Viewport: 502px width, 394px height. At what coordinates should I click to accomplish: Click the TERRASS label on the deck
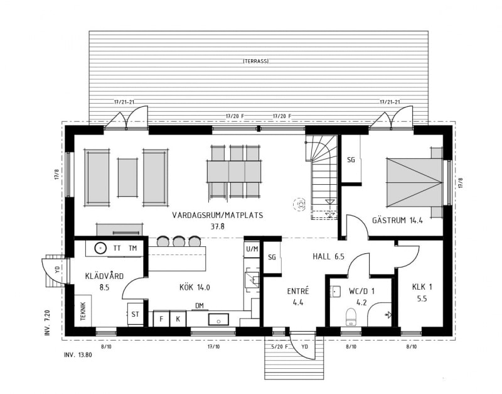[256, 61]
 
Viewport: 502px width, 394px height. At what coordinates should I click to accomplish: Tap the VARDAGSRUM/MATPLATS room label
[218, 215]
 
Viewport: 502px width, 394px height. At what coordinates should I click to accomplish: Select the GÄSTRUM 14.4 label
[398, 220]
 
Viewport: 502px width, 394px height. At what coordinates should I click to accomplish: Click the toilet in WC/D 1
[351, 317]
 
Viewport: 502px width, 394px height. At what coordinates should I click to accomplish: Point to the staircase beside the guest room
[321, 177]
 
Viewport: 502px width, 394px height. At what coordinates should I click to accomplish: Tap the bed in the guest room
[415, 182]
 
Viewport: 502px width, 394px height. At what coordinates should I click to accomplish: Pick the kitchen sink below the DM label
[218, 320]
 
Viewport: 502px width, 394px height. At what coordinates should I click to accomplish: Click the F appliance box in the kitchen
[161, 319]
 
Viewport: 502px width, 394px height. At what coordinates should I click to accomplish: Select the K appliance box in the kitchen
[178, 319]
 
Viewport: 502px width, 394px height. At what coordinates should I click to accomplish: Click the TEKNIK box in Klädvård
[83, 310]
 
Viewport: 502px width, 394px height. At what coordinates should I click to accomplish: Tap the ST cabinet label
[135, 314]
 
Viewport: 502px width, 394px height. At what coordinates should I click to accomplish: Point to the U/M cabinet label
[252, 249]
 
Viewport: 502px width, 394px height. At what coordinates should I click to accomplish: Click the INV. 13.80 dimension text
[78, 355]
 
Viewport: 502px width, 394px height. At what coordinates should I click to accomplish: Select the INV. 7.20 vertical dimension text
[48, 322]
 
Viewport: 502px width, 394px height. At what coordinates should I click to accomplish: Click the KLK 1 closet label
[422, 287]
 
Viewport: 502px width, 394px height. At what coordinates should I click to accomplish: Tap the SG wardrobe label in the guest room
[351, 160]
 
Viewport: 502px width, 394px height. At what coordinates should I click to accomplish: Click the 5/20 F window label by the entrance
[279, 346]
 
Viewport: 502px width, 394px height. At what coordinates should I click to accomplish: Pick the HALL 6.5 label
[328, 256]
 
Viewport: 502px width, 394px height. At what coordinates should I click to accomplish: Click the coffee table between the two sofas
[127, 177]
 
